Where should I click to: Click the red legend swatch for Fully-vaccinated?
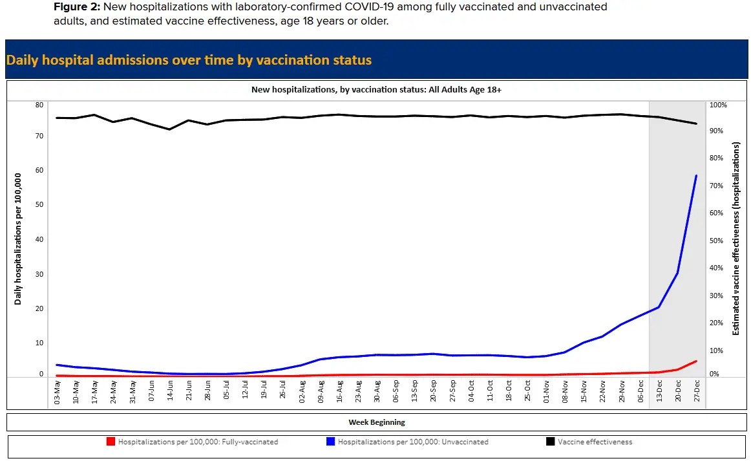(111, 442)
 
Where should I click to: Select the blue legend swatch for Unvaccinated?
(331, 442)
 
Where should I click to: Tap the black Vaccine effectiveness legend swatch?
(550, 442)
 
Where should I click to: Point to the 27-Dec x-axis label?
(697, 393)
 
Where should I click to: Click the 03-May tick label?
(57, 393)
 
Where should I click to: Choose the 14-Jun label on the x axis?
(170, 393)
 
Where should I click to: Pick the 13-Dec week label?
(659, 393)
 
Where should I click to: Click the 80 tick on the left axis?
(39, 105)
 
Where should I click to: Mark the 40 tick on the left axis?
(39, 239)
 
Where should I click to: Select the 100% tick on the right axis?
(719, 105)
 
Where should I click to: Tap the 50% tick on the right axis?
(719, 241)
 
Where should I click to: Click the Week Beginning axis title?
(377, 422)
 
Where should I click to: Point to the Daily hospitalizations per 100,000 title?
(18, 239)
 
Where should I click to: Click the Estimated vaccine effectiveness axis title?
(735, 239)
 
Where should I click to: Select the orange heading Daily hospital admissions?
(189, 60)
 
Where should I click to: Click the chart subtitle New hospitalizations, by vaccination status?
(376, 90)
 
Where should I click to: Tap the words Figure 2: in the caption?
(76, 7)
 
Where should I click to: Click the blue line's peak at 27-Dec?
(696, 176)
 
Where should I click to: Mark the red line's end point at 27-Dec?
(696, 361)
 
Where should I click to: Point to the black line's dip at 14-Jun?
(170, 129)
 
